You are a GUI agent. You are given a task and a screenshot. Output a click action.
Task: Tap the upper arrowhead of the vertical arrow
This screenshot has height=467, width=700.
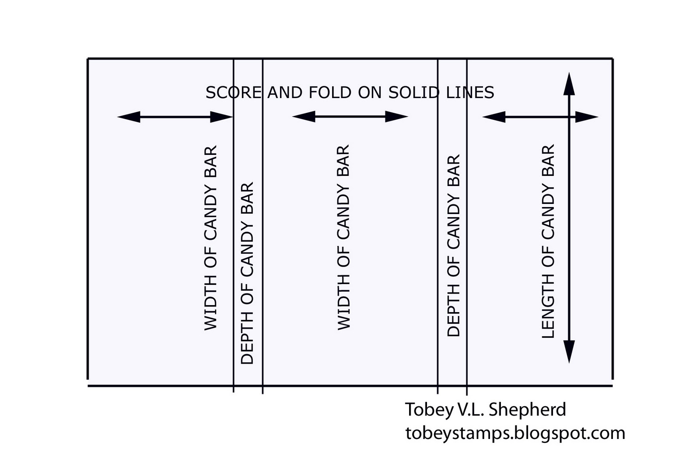pyautogui.click(x=569, y=83)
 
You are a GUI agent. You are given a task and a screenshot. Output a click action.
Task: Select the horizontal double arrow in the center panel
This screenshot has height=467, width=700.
pyautogui.click(x=350, y=117)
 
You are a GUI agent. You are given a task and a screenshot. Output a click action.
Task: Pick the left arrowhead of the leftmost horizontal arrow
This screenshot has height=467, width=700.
pyautogui.click(x=129, y=117)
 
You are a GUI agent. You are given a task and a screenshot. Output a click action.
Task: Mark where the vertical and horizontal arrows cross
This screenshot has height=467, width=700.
pyautogui.click(x=569, y=117)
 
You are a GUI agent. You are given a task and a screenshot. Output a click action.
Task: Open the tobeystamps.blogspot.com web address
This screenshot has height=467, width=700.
pyautogui.click(x=515, y=433)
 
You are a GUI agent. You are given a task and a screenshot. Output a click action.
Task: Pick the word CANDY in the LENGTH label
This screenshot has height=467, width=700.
pyautogui.click(x=548, y=212)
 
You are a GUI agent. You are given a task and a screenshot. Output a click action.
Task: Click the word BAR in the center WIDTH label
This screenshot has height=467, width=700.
pyautogui.click(x=344, y=155)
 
